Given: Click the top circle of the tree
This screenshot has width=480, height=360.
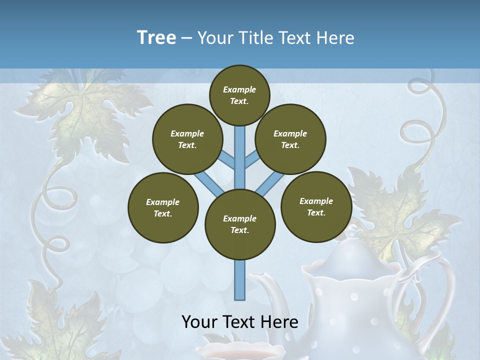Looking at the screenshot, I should (239, 94).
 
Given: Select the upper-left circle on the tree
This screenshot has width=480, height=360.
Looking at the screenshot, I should (187, 139).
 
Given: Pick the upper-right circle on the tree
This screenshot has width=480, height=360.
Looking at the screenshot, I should (290, 139).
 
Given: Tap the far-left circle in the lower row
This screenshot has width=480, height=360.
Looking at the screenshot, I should (163, 207).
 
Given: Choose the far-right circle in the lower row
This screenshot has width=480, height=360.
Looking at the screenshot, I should (316, 206).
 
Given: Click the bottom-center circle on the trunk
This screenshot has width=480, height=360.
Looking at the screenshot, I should (240, 224).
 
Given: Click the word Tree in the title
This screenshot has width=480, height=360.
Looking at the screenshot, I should (156, 37).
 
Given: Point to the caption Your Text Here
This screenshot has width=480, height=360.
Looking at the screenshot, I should (239, 321).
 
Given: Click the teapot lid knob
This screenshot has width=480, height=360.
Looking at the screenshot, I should (354, 231).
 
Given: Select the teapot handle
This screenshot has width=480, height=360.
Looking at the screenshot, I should (440, 285).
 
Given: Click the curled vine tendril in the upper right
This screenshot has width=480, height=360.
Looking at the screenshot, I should (425, 115).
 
